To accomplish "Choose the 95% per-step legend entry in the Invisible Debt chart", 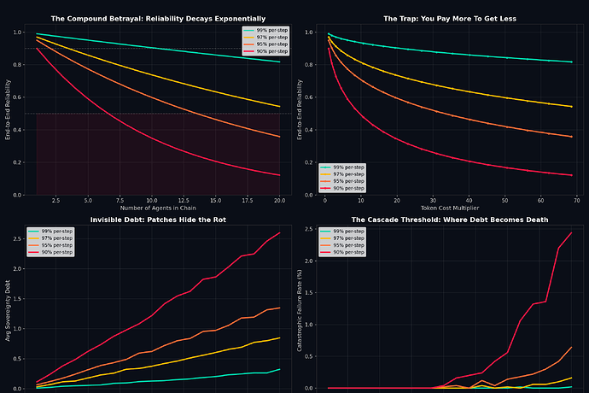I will pos(55,245).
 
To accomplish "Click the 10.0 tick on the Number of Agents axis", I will pos(149,201).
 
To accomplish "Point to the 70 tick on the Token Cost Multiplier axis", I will pos(576,201).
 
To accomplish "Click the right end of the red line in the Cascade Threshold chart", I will pos(571,232).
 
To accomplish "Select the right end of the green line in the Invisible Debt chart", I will pos(280,369).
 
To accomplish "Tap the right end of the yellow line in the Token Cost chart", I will pos(572,106).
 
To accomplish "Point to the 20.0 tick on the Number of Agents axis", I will pos(279,201).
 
